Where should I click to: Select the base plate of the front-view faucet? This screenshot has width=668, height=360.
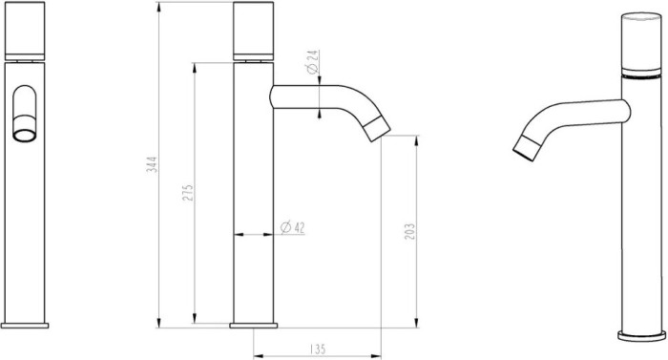click(x=26, y=326)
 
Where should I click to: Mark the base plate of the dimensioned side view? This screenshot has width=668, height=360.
click(x=254, y=326)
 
